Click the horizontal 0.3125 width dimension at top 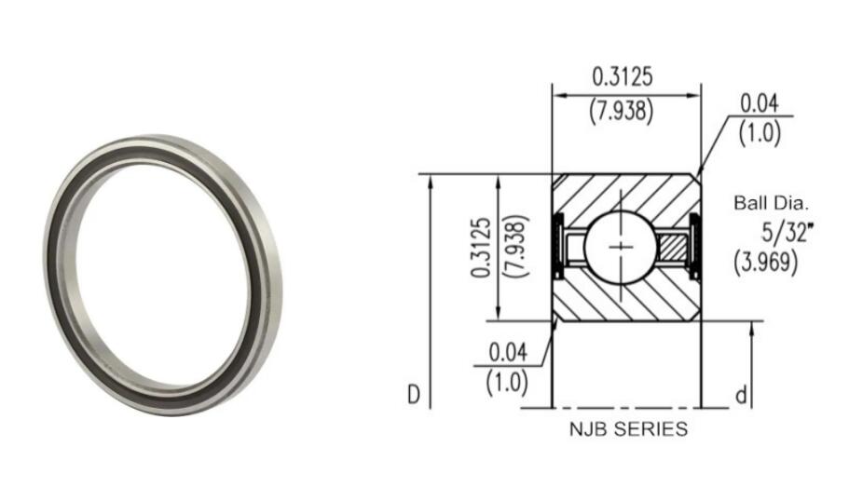pyautogui.click(x=622, y=76)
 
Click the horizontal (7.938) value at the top pyautogui.click(x=622, y=110)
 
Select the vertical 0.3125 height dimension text pyautogui.click(x=481, y=248)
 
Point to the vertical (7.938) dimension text pyautogui.click(x=514, y=248)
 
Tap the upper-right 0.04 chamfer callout pyautogui.click(x=759, y=102)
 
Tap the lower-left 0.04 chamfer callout pyautogui.click(x=508, y=351)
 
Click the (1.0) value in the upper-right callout pyautogui.click(x=760, y=132)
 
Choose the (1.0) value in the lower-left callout pyautogui.click(x=508, y=381)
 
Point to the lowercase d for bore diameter pyautogui.click(x=742, y=397)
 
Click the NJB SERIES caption pyautogui.click(x=628, y=429)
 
